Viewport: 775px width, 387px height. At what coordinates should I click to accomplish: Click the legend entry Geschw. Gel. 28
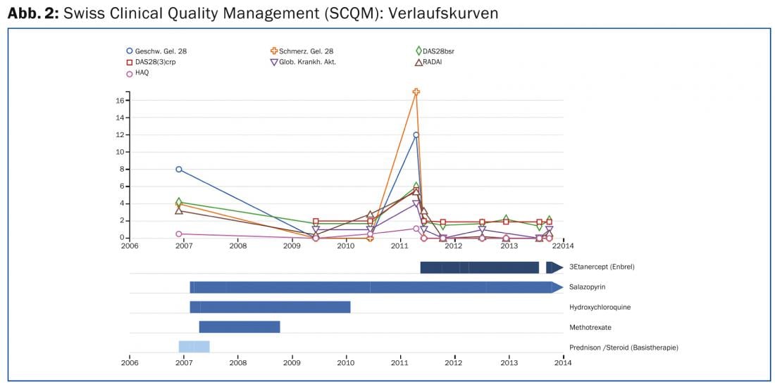pyautogui.click(x=161, y=51)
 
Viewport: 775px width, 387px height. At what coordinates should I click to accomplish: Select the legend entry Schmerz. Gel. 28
pyautogui.click(x=306, y=51)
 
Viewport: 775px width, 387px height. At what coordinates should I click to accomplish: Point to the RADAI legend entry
pyautogui.click(x=433, y=62)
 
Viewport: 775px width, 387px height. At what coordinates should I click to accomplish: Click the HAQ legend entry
pyautogui.click(x=142, y=73)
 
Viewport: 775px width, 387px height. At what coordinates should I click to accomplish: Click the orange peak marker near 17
pyautogui.click(x=416, y=91)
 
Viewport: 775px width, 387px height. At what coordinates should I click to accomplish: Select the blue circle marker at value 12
pyautogui.click(x=416, y=135)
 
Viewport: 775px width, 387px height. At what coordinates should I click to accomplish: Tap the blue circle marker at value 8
pyautogui.click(x=179, y=170)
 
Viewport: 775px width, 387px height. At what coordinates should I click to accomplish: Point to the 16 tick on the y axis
pyautogui.click(x=120, y=101)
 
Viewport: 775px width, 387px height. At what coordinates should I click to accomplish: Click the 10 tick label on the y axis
pyautogui.click(x=120, y=152)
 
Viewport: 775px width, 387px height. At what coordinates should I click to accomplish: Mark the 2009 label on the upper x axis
pyautogui.click(x=292, y=246)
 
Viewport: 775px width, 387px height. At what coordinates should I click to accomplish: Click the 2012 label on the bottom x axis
pyautogui.click(x=454, y=362)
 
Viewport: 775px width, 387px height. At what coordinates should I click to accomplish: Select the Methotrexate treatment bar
pyautogui.click(x=240, y=326)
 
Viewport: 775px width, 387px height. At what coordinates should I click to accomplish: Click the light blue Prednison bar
pyautogui.click(x=194, y=346)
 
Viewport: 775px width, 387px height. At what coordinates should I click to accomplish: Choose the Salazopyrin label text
pyautogui.click(x=587, y=287)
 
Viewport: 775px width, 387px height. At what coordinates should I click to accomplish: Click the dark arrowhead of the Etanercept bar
pyautogui.click(x=554, y=267)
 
